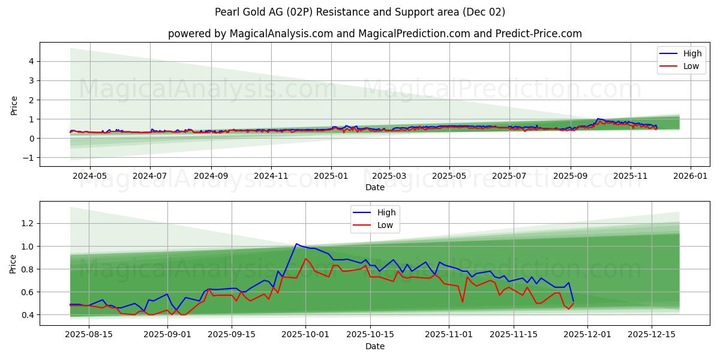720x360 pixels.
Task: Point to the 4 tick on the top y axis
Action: (x=32, y=61)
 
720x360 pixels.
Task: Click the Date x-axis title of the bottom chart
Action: (x=375, y=346)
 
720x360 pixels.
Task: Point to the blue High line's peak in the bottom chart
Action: (x=296, y=244)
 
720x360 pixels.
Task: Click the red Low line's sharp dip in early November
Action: (x=462, y=301)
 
